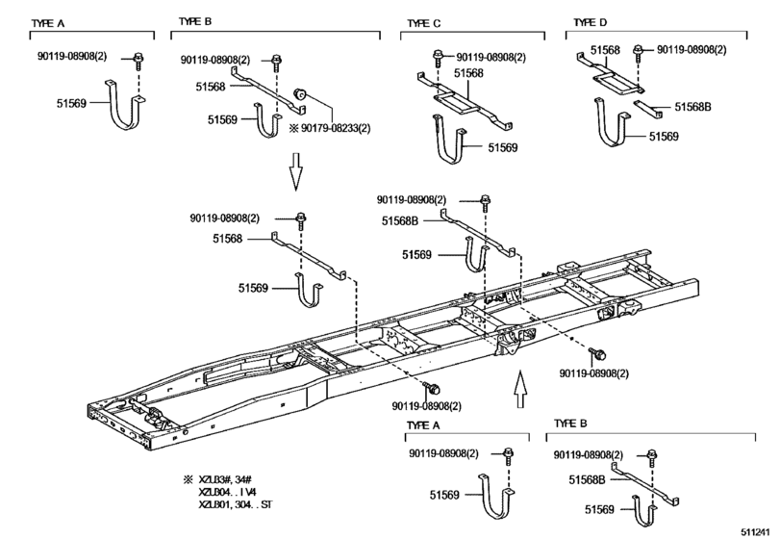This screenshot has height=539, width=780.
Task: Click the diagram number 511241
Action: coord(756,532)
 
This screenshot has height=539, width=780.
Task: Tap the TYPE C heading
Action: coord(424,23)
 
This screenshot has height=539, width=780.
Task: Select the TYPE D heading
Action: coord(590,22)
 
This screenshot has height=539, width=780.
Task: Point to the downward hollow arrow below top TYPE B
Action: coord(296,171)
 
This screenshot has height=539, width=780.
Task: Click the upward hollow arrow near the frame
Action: coord(519,389)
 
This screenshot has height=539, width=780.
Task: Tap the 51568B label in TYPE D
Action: coord(692,107)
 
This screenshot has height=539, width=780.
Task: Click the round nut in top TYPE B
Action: coord(300,93)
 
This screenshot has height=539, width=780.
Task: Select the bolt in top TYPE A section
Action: coord(138,62)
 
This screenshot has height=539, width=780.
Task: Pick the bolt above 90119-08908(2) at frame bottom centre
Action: coord(432,388)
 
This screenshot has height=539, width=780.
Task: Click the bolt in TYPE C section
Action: coord(438,58)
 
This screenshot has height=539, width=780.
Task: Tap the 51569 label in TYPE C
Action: coord(502,147)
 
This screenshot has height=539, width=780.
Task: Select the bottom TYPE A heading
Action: coord(423,425)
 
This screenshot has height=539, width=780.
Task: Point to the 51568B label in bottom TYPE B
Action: coord(587,479)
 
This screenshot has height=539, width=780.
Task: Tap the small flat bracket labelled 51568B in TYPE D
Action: coord(647,109)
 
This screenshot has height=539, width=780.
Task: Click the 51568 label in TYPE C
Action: coord(468,73)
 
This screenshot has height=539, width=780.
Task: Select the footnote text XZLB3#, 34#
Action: coord(225,479)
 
